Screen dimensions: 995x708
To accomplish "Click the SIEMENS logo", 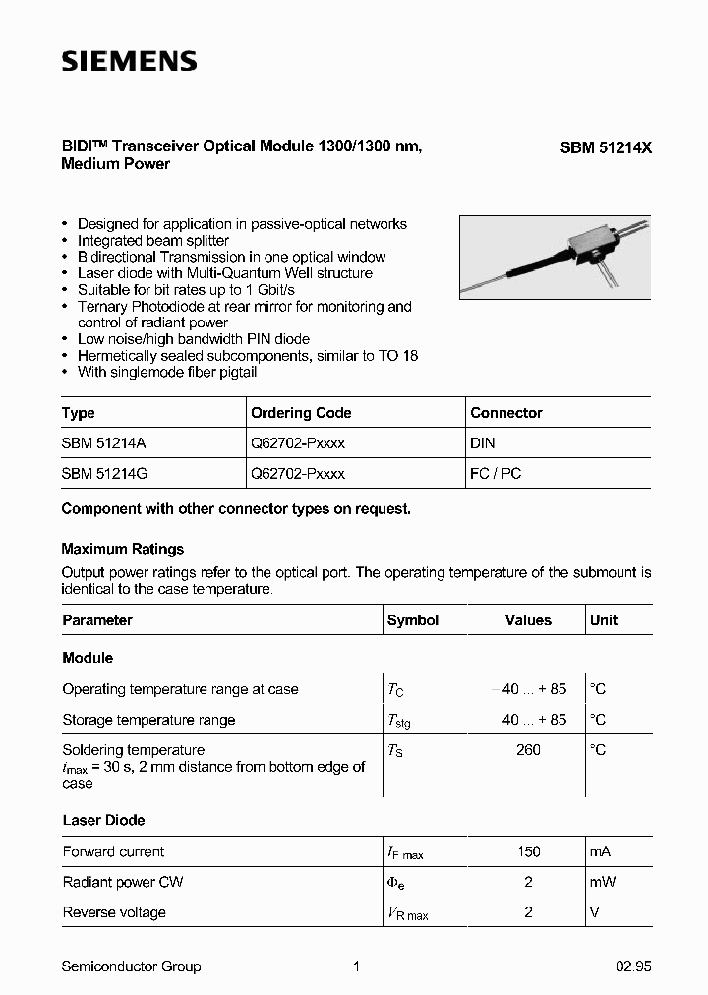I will [129, 61].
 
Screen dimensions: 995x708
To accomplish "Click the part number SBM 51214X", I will [606, 147].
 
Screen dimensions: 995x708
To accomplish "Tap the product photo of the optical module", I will [555, 258].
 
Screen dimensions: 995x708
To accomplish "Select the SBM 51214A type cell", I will [103, 443].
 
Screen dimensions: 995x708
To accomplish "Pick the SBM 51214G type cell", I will [104, 473].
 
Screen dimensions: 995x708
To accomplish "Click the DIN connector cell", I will [482, 443].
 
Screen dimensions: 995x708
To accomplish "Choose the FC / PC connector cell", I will [496, 473].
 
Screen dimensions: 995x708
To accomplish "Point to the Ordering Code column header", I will [301, 413].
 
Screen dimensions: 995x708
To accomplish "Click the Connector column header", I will [505, 413].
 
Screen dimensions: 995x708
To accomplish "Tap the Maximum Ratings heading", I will [123, 549].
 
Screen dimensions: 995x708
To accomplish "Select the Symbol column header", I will [413, 620].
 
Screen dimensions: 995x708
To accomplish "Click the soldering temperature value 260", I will [528, 750].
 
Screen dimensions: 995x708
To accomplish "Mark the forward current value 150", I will [528, 851].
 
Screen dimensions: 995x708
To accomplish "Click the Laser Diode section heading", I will [103, 820].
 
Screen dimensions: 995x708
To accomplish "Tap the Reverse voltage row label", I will [114, 912].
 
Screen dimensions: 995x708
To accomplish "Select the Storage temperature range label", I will [148, 720].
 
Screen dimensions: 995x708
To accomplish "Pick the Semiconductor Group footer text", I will [131, 966].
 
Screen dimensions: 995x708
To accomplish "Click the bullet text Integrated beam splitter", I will [153, 241].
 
